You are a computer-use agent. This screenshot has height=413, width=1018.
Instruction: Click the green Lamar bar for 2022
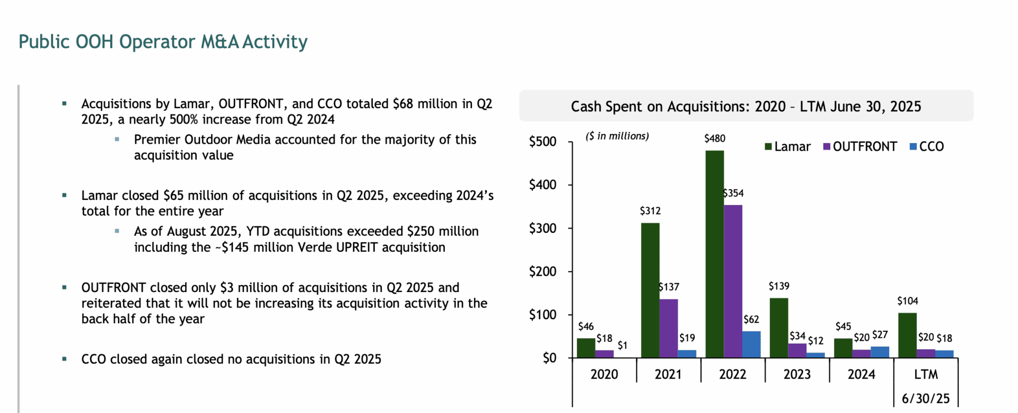tap(715, 254)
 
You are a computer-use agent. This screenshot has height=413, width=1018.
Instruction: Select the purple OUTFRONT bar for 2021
tap(669, 328)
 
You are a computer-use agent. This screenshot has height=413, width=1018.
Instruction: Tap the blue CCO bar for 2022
tap(751, 344)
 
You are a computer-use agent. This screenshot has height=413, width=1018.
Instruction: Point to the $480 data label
tap(715, 138)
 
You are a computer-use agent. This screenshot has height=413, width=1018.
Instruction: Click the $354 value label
tap(733, 194)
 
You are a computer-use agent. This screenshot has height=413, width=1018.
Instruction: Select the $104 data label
tap(907, 301)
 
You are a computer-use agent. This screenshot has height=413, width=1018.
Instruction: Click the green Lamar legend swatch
tap(768, 146)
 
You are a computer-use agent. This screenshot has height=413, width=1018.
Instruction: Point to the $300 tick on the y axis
tap(542, 229)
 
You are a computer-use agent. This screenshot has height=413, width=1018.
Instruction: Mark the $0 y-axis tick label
tap(549, 358)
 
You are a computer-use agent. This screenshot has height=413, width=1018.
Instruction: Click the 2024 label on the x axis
tap(861, 374)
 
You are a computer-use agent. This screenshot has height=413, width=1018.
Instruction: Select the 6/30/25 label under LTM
tap(926, 399)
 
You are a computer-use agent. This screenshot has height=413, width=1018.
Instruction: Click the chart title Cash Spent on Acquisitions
tap(745, 107)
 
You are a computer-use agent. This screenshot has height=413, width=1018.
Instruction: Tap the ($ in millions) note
tap(617, 136)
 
